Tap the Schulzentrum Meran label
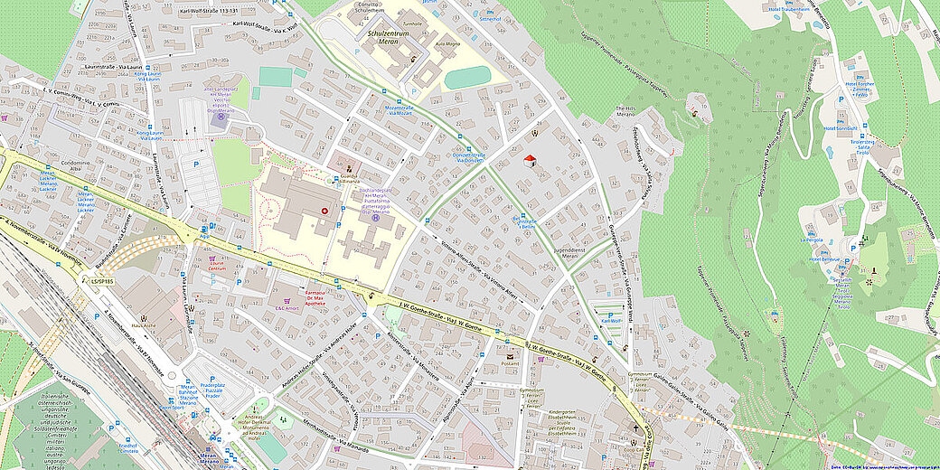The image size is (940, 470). pos(386,35)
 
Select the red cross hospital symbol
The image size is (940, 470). pos(325,211)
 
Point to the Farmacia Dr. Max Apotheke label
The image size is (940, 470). pos(323,297)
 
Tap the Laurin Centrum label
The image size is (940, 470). pos(216,267)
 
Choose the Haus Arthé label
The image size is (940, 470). pos(145,324)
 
